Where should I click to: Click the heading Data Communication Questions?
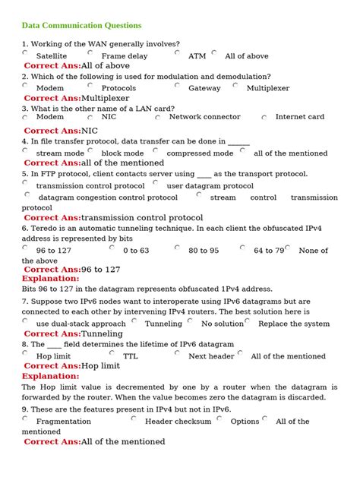pos(81,25)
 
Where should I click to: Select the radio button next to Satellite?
pos(25,53)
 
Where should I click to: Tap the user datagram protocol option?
pos(210,185)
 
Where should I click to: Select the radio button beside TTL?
pos(112,353)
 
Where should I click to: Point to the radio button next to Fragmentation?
pos(25,418)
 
